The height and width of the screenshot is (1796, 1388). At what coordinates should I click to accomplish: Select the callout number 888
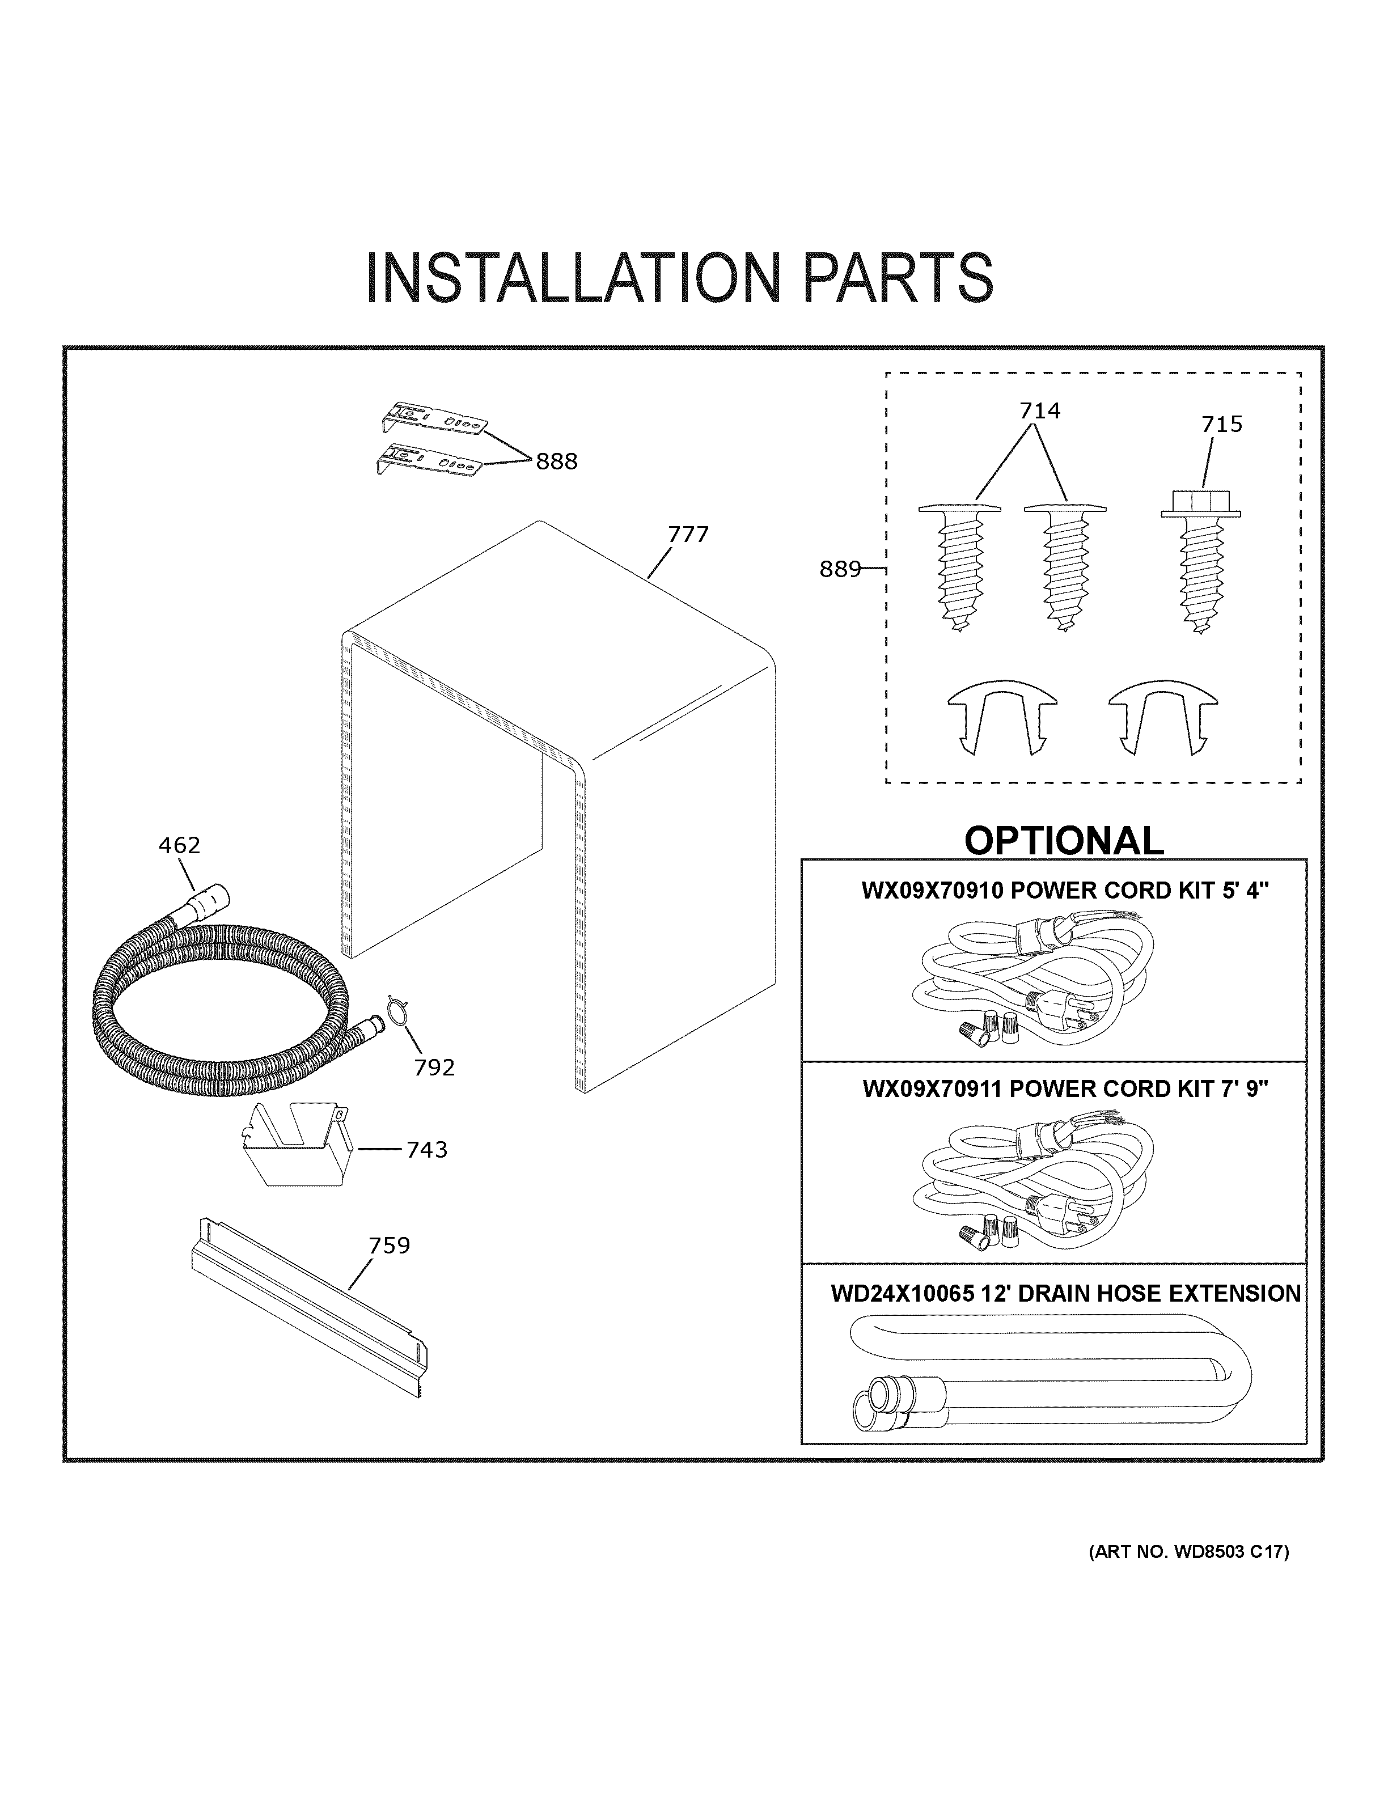tap(557, 462)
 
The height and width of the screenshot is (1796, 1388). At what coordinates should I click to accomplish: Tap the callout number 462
tap(179, 845)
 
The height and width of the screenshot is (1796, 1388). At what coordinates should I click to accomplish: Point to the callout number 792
tap(434, 1068)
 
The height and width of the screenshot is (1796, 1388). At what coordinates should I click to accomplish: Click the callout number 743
tap(427, 1150)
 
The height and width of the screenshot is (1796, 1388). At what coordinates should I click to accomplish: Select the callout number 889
tap(840, 569)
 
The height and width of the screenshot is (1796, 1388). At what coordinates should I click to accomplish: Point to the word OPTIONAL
tap(1063, 840)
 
